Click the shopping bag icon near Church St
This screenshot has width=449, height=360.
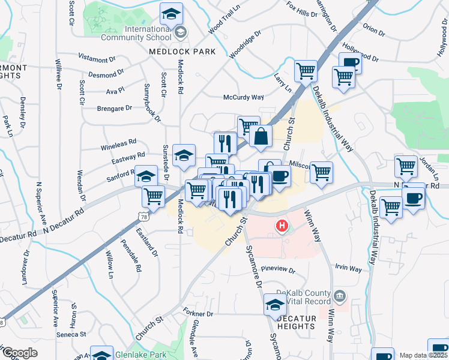(x=261, y=136)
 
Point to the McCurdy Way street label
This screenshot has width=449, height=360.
(x=244, y=97)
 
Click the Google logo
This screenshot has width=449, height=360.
(x=20, y=353)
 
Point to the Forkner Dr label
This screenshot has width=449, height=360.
(x=198, y=314)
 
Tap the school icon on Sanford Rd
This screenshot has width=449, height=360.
(x=145, y=176)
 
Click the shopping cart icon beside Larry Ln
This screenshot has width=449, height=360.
(x=306, y=71)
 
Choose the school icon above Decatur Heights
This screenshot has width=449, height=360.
(x=276, y=304)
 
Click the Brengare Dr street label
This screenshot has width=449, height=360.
(x=114, y=108)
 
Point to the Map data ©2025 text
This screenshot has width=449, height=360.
(x=424, y=355)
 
